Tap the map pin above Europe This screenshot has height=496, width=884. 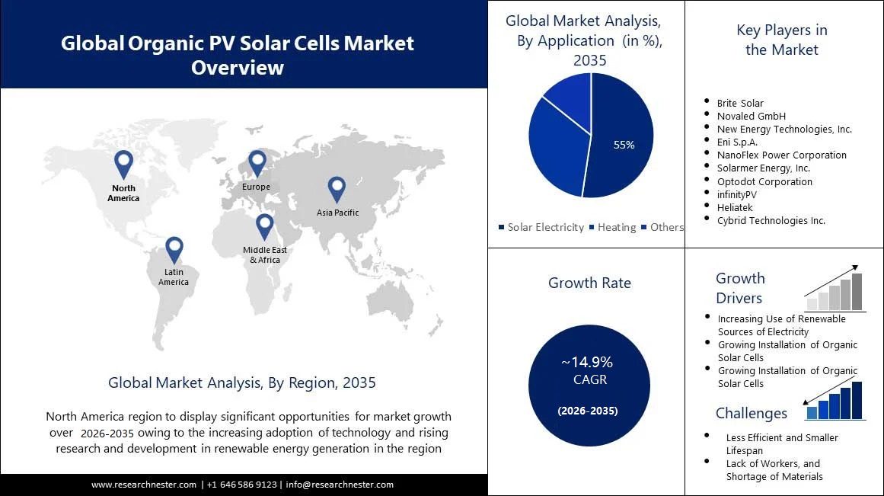coord(257,163)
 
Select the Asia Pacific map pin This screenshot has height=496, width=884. coord(337,190)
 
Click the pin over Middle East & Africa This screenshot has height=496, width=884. coord(264,226)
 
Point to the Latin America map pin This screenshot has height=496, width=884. coord(174,249)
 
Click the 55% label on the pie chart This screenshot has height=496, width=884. coord(624,145)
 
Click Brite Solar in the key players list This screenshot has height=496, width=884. coord(739,103)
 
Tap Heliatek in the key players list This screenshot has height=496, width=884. coord(736,207)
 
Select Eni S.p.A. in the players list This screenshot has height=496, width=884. coord(737,142)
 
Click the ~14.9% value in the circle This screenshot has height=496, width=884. coord(587,363)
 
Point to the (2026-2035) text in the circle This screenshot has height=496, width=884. coord(587,411)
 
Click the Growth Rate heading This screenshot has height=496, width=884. coord(589,283)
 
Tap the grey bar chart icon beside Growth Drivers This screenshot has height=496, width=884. coord(835,292)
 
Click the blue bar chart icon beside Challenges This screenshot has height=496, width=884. coord(835,401)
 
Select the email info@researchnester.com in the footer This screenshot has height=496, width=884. coord(340,485)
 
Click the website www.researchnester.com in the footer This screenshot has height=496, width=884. coord(145,485)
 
